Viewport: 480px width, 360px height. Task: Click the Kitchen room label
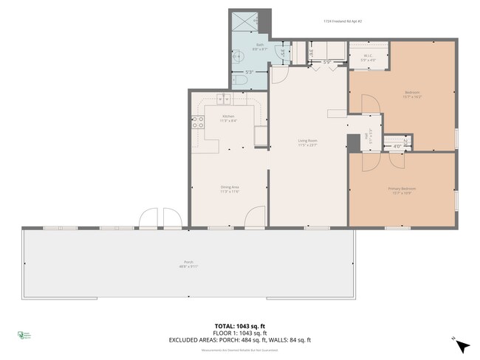point(229,117)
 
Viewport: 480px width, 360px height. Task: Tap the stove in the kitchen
point(197,123)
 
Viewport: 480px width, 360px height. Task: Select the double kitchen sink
point(224,100)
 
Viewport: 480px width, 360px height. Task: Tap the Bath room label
point(260,46)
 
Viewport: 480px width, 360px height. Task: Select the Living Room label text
point(307,141)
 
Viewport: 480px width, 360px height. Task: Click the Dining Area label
point(229,188)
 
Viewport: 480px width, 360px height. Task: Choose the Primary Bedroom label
point(402,190)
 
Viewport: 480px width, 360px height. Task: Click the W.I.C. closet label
point(368,57)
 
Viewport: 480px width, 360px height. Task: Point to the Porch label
point(188,263)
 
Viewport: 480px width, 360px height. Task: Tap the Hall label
point(367,136)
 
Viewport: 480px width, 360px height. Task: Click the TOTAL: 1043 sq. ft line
point(240,325)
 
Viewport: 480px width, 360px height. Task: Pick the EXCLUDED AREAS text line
point(240,339)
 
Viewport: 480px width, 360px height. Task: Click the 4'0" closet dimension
point(397,146)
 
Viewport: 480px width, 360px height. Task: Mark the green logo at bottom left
point(22,336)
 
